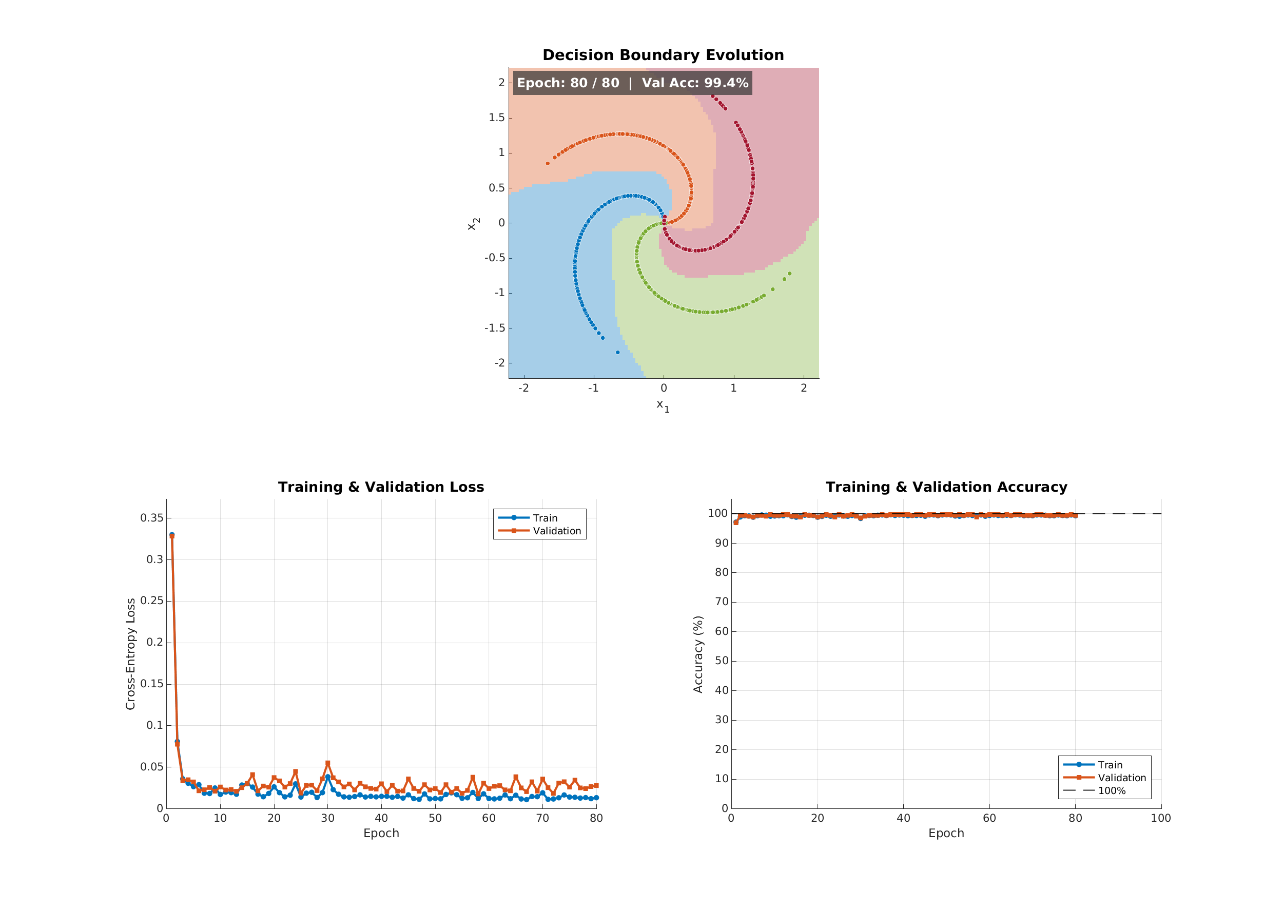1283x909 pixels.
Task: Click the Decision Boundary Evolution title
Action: [663, 55]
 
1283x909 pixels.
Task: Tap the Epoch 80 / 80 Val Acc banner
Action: [632, 83]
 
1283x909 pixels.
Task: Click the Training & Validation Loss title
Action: [381, 487]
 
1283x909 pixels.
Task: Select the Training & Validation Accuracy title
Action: [946, 487]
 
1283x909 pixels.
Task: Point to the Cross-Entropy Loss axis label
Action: [130, 654]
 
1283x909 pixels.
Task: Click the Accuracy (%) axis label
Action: [698, 654]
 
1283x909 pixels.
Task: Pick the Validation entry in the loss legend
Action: [557, 531]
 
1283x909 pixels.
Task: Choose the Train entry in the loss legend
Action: [545, 518]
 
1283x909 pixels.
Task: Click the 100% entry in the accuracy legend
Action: [1112, 790]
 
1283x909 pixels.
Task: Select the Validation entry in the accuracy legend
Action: [1122, 778]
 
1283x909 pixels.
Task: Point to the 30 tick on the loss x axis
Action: [328, 818]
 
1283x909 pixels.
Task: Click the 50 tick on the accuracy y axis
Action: [721, 661]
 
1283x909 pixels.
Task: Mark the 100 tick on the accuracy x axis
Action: [1161, 818]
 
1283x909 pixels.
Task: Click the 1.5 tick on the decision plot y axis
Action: [496, 118]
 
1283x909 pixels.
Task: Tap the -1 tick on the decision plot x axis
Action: [593, 388]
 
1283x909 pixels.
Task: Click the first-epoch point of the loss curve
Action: [172, 535]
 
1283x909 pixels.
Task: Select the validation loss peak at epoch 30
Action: [328, 763]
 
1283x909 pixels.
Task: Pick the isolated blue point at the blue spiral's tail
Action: [618, 352]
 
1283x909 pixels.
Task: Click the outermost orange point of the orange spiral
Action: [548, 163]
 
